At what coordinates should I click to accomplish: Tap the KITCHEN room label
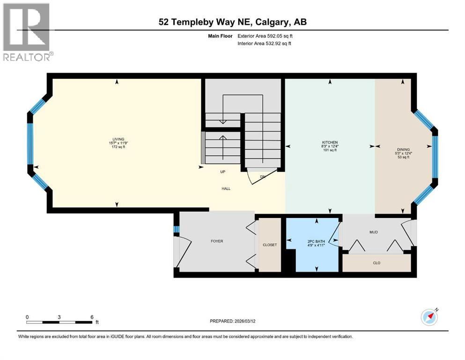[x=330, y=142]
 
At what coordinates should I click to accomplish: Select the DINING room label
[x=402, y=149]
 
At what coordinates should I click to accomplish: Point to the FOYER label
[x=216, y=241]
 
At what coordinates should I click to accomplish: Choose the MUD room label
[x=373, y=232]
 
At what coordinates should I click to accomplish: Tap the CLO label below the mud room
[x=376, y=263]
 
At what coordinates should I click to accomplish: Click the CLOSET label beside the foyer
[x=270, y=245]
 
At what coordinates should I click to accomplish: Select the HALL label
[x=226, y=188]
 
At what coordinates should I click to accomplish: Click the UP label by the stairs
[x=223, y=172]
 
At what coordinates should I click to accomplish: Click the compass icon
[x=429, y=317]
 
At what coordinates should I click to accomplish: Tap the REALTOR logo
[x=27, y=32]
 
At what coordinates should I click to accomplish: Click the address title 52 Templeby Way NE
[x=232, y=22]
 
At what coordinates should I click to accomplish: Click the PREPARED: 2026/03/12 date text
[x=233, y=321]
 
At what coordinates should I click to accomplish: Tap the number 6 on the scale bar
[x=91, y=317]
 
